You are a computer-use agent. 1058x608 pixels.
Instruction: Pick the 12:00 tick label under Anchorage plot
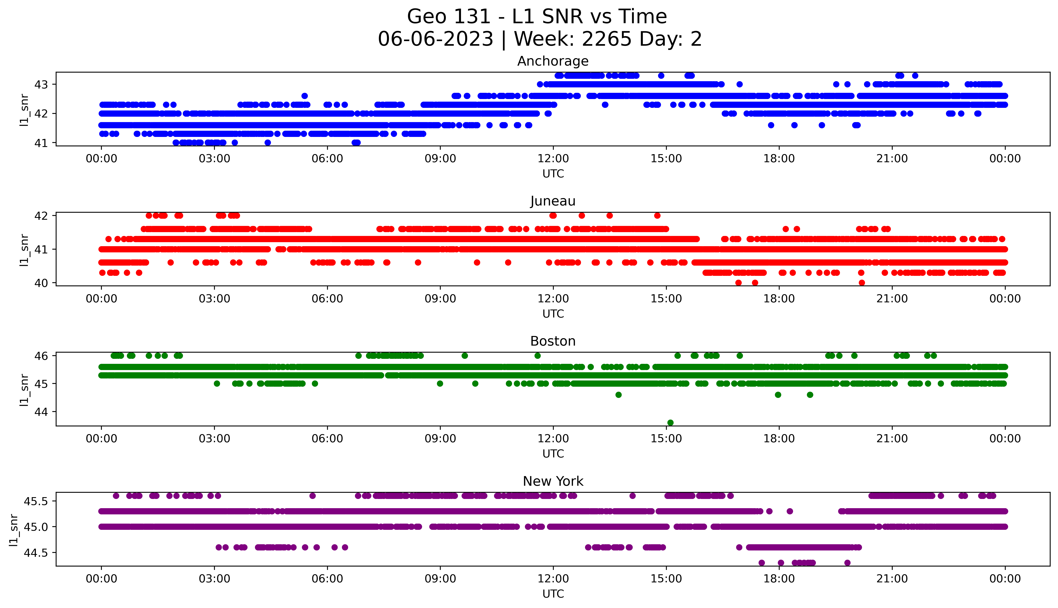click(x=553, y=159)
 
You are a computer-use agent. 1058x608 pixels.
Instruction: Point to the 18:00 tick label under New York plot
click(x=779, y=579)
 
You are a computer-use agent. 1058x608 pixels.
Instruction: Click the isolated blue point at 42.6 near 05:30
click(x=305, y=96)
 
